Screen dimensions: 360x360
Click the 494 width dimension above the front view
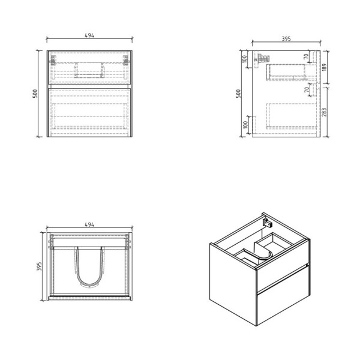click(89, 35)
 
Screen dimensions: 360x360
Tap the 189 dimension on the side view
click(325, 67)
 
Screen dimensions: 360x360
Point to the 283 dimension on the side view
click(325, 112)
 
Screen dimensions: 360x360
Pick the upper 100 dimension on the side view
click(245, 58)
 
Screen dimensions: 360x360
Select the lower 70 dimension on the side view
click(306, 90)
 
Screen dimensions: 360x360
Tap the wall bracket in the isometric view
click(267, 221)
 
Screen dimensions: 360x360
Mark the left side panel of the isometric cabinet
click(232, 282)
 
